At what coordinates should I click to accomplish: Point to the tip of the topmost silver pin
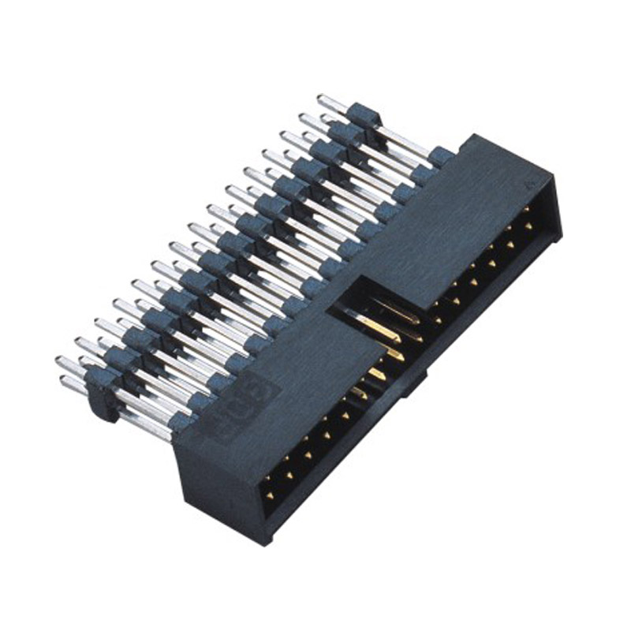[321, 99]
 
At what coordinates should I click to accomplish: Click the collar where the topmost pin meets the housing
[442, 157]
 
